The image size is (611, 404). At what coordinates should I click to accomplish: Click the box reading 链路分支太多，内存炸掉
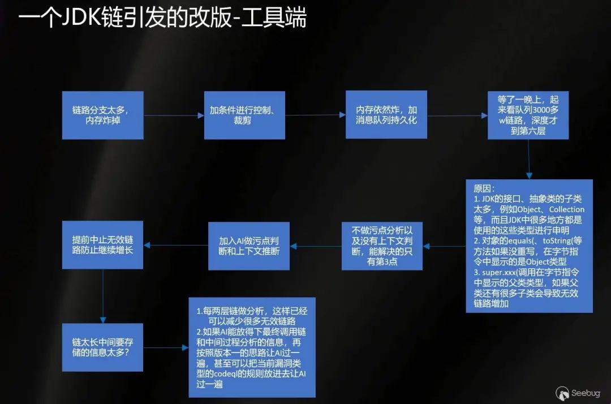[102, 115]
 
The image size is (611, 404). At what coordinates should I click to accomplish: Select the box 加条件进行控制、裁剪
[244, 115]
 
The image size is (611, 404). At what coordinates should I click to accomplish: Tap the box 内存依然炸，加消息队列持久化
[386, 115]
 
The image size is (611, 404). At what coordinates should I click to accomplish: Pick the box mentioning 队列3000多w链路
[528, 115]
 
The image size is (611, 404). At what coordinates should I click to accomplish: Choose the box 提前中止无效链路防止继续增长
[102, 244]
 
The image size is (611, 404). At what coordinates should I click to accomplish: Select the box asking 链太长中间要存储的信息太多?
[102, 347]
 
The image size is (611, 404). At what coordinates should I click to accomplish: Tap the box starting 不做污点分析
[382, 246]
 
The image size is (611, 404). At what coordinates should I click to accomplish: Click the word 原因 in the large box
[484, 188]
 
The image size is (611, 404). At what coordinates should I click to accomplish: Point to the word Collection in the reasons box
[566, 209]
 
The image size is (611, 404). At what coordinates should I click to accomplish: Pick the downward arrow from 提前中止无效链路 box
[102, 294]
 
